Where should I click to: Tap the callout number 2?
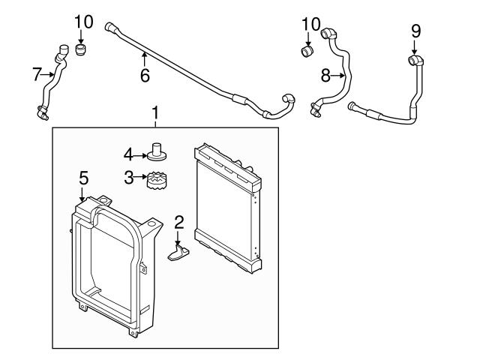(178, 221)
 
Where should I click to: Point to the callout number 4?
(128, 154)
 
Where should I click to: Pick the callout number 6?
(145, 75)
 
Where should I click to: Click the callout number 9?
(415, 31)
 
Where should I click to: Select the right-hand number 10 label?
(310, 24)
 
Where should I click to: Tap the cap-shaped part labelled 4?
(157, 152)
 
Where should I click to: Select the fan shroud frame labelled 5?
(112, 262)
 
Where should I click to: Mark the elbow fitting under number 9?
(415, 59)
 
